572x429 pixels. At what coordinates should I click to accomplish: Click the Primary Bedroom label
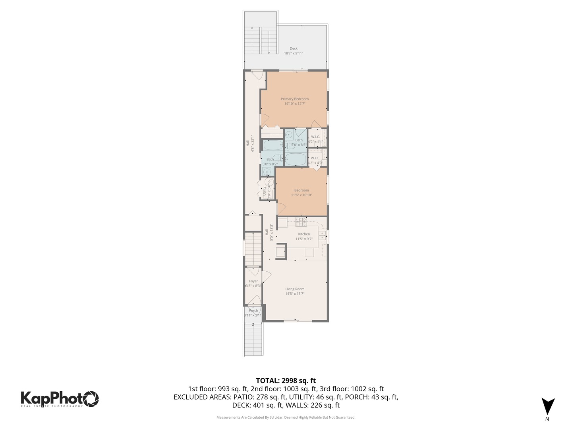tap(294, 99)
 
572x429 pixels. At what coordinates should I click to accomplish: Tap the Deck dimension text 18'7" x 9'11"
tap(293, 53)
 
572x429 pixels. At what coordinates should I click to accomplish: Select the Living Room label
tap(295, 289)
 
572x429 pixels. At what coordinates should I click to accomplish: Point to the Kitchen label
tap(304, 234)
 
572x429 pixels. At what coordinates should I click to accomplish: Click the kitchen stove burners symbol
tap(301, 222)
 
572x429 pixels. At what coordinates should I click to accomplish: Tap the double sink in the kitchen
tap(322, 235)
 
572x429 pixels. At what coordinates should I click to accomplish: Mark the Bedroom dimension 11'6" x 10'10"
tap(301, 195)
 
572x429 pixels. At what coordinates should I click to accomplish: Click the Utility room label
tap(265, 191)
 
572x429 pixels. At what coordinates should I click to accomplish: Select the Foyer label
tap(253, 281)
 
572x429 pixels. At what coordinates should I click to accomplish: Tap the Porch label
tap(253, 311)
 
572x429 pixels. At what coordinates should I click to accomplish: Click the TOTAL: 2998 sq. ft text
tap(286, 381)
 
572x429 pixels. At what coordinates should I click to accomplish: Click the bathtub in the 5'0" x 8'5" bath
tap(296, 160)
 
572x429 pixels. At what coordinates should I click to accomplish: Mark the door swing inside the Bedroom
tap(281, 208)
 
